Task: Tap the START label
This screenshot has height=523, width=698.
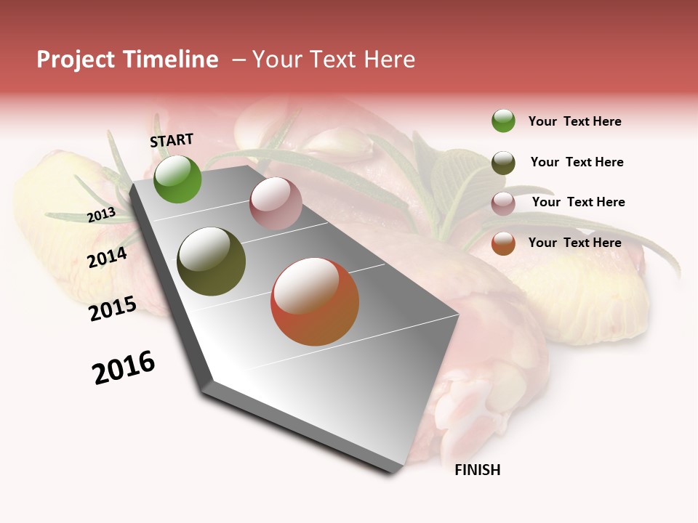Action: point(172,140)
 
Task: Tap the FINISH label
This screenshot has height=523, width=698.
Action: point(477,470)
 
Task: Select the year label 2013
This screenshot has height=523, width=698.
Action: point(101,215)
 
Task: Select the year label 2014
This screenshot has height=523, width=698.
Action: point(107,257)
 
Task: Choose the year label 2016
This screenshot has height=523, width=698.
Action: point(124,368)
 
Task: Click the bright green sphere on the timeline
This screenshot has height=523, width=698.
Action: point(177,179)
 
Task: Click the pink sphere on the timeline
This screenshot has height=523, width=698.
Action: point(276,203)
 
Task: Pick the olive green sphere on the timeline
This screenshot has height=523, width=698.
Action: point(211,261)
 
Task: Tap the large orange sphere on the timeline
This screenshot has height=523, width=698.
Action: point(315,301)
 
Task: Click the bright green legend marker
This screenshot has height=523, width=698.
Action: point(503,121)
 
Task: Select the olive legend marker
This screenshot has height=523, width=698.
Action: point(503,162)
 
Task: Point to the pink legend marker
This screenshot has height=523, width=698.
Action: point(503,203)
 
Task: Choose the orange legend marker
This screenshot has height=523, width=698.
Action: point(503,243)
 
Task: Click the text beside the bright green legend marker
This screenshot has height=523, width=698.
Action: point(574,121)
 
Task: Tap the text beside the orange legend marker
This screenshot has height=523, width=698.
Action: point(574,243)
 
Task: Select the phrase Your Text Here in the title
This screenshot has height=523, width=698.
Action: point(334,60)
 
